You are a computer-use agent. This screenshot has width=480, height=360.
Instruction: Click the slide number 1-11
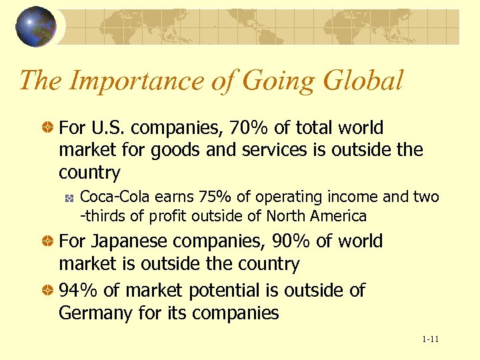pos(430,340)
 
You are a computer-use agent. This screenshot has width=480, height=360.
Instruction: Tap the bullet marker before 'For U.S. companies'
pos(48,128)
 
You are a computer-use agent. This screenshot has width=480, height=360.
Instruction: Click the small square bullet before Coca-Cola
pos(68,198)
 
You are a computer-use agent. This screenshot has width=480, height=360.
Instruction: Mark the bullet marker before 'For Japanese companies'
pos(48,241)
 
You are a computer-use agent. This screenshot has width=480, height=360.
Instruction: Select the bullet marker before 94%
pos(48,291)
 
